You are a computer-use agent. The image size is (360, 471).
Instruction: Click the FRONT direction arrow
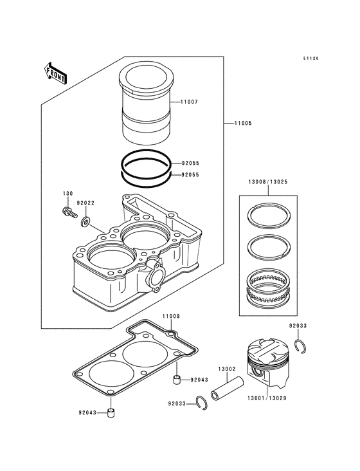point(55,73)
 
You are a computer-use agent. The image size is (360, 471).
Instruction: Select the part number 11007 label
point(189,102)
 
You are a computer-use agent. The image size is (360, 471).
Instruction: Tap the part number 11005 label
point(243,123)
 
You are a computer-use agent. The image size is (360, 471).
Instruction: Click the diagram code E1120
point(310,59)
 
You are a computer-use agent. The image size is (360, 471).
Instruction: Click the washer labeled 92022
point(85,222)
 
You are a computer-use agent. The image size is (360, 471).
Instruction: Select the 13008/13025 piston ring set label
point(268,181)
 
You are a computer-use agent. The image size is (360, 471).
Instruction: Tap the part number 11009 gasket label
point(171,317)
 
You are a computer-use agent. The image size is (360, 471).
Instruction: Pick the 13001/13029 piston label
point(267,398)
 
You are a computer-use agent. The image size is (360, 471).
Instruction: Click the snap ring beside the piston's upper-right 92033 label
point(300,346)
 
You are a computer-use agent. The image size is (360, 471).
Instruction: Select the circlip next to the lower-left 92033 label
point(202,403)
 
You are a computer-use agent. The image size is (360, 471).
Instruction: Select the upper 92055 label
point(190,163)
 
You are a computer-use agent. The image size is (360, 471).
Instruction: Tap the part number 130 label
point(67,194)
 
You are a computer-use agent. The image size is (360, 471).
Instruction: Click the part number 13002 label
point(227,369)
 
